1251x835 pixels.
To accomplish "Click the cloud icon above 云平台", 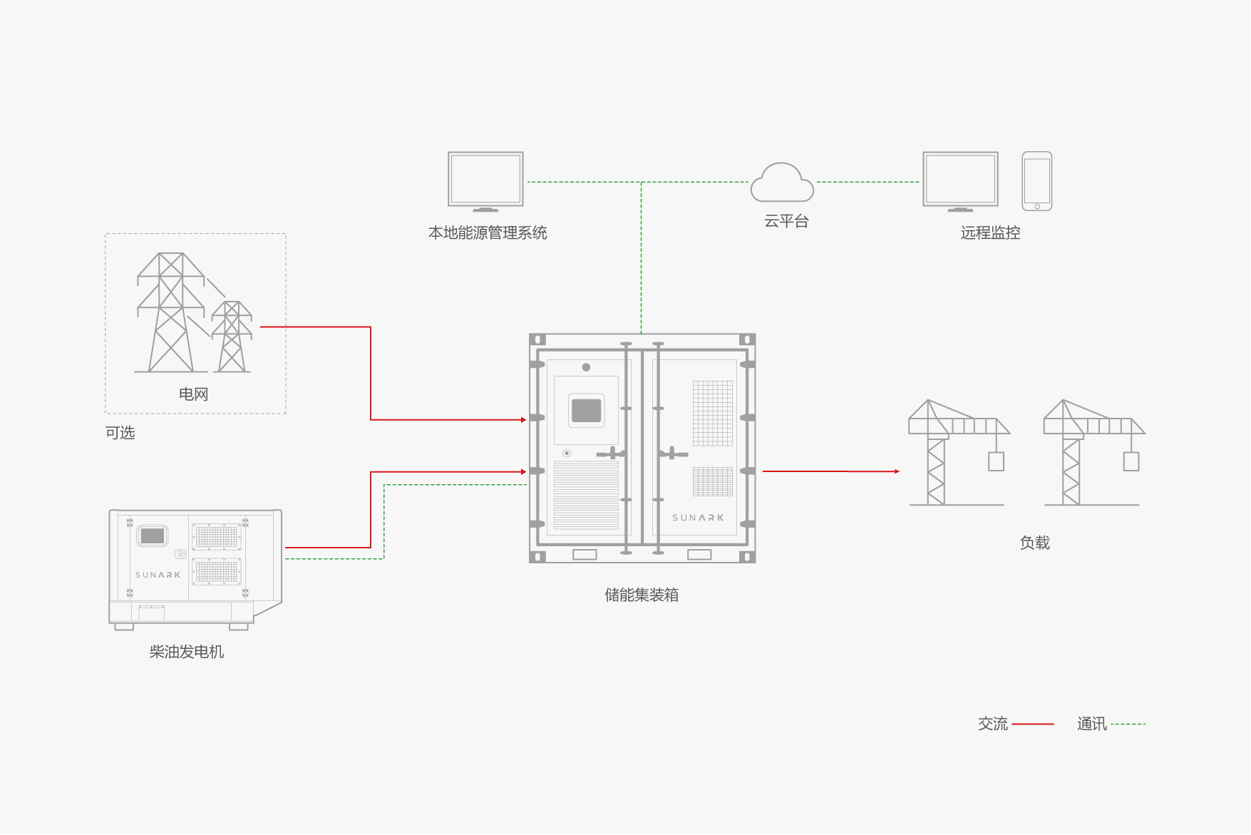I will (782, 183).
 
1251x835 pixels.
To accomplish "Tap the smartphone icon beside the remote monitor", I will (1036, 181).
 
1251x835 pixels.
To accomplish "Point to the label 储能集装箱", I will (642, 595).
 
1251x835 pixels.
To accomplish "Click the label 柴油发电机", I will (187, 652).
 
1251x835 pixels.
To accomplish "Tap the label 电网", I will (193, 394).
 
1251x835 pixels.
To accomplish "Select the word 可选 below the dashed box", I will (120, 433).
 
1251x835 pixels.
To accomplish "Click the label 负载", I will (1034, 543).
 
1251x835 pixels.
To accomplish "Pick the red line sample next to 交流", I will (1032, 724).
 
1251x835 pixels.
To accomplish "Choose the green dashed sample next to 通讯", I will (1128, 724).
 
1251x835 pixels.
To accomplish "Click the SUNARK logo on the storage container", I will (698, 518).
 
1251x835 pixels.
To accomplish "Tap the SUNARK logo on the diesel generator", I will (158, 575).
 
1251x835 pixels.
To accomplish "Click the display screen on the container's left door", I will (586, 410).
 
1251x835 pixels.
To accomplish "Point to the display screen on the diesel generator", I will (153, 536).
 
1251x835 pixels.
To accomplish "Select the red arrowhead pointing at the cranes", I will (897, 471).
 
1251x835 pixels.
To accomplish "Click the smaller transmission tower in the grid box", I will (232, 337).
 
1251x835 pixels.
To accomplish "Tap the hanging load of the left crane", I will (996, 461).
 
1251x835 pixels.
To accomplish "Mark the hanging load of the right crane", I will (1131, 461).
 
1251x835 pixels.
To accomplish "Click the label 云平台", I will (786, 222).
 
